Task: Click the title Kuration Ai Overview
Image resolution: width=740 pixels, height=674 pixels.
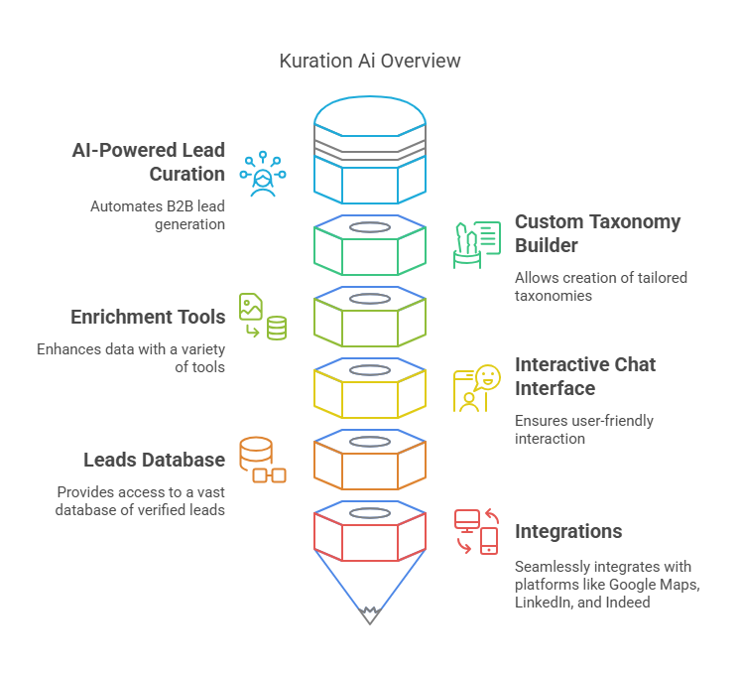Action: [370, 61]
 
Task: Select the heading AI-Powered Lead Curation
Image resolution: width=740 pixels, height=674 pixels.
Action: [149, 162]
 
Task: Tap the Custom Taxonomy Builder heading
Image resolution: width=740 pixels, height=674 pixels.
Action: [597, 233]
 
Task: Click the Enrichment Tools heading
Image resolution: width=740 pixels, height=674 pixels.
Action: [148, 317]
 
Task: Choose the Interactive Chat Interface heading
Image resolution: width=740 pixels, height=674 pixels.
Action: [584, 376]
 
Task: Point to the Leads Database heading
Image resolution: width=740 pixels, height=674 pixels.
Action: [154, 460]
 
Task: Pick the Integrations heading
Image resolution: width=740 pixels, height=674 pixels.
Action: [568, 531]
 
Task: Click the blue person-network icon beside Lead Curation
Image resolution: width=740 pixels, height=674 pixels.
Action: [262, 174]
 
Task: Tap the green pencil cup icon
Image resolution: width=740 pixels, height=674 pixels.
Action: [475, 245]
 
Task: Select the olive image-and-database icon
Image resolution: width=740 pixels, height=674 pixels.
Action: [262, 317]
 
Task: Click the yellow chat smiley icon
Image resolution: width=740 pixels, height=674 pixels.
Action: [476, 388]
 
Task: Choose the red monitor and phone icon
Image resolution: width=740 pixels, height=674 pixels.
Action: [476, 531]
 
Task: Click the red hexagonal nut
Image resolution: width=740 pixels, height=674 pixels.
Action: [370, 536]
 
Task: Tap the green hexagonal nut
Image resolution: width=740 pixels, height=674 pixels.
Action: [370, 249]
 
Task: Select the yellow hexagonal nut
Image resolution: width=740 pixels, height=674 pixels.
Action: [370, 392]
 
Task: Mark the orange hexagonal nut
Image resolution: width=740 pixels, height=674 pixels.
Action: [370, 464]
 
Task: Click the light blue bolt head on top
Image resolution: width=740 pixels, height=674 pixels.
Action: [370, 149]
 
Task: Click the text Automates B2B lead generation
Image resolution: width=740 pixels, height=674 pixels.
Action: [158, 215]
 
